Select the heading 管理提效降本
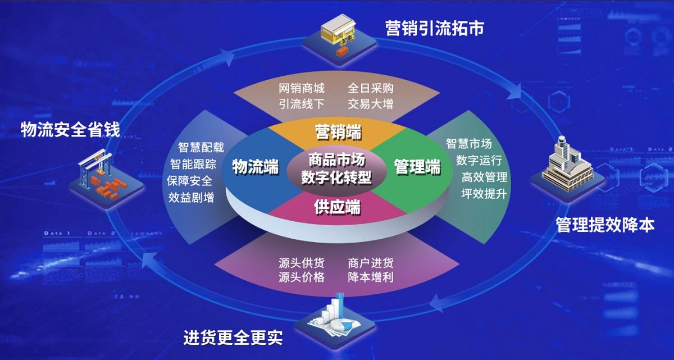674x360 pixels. [605, 225]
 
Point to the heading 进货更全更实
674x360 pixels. [233, 338]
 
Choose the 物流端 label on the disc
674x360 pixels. [256, 166]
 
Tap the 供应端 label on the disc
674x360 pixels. [336, 206]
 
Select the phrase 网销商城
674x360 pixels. [302, 89]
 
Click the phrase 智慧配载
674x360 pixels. [201, 148]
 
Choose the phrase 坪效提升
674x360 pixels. [484, 194]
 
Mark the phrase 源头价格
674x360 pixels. [302, 277]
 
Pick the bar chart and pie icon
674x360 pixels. [333, 317]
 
